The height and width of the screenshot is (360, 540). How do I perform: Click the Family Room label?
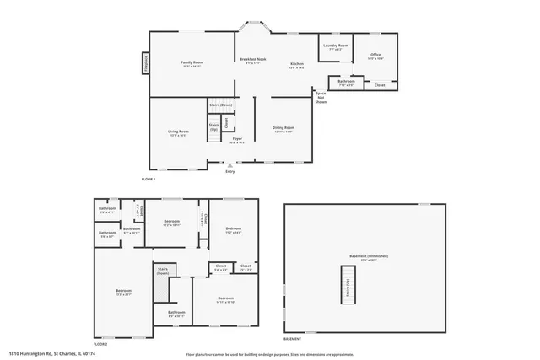click(x=192, y=63)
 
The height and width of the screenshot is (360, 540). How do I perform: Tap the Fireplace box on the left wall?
click(x=145, y=64)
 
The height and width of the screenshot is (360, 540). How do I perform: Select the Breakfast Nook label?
click(x=253, y=60)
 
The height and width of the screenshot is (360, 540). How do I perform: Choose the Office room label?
click(x=376, y=56)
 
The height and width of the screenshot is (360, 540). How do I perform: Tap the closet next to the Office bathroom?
click(x=380, y=84)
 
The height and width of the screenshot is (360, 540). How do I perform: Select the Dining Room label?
click(x=283, y=129)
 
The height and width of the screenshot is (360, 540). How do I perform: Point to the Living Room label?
click(x=178, y=132)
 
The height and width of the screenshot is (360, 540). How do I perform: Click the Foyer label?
click(x=238, y=140)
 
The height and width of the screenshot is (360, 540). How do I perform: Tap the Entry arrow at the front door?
click(x=229, y=165)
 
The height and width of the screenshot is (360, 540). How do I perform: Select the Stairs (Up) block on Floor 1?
click(x=214, y=126)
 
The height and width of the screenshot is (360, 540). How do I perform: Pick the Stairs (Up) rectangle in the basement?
click(x=346, y=284)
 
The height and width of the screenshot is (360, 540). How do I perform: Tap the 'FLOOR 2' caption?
click(x=101, y=344)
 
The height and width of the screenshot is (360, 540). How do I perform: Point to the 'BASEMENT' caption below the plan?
click(x=292, y=338)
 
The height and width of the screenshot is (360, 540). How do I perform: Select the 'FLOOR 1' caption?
click(x=148, y=180)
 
